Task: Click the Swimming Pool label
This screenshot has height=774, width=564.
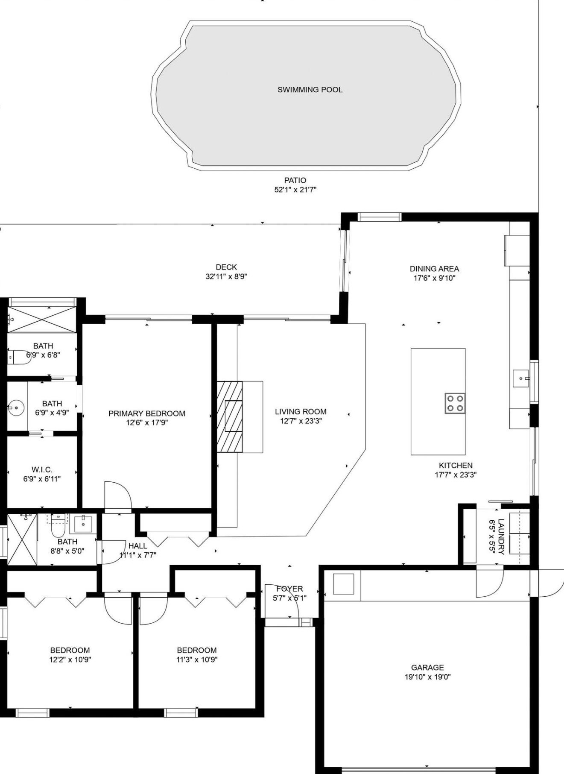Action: click(310, 90)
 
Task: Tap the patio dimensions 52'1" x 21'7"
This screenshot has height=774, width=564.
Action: click(295, 190)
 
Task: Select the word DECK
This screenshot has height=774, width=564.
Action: click(226, 267)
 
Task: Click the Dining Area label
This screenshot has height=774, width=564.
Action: click(434, 269)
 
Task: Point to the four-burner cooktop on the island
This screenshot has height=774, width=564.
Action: click(455, 403)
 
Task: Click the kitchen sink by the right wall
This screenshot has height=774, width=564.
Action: click(521, 378)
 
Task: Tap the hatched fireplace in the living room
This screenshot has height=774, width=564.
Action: click(229, 417)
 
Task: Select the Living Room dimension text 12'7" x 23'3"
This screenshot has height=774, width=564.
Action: click(301, 421)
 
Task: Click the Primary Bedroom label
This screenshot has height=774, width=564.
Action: click(146, 413)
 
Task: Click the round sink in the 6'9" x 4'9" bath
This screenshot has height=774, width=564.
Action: click(16, 408)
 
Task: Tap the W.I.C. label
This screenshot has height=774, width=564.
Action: click(42, 470)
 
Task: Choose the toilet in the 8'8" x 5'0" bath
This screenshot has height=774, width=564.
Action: click(58, 525)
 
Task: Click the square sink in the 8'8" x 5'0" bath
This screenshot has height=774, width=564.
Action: click(83, 523)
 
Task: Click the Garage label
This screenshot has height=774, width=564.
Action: click(427, 668)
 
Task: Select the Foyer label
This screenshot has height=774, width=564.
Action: click(289, 589)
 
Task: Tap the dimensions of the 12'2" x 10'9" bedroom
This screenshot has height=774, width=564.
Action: click(70, 660)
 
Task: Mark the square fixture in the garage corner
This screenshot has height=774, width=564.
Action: click(343, 584)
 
